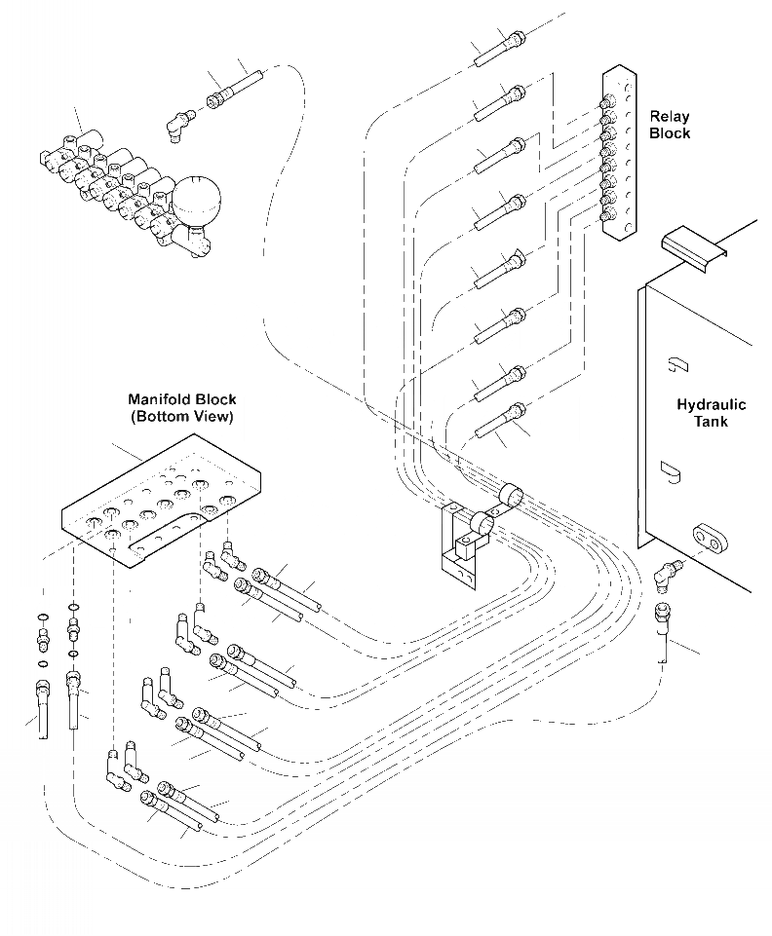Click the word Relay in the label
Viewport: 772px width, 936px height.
(x=670, y=118)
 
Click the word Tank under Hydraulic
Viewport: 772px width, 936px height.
(x=711, y=422)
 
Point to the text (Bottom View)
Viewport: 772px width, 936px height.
(x=182, y=416)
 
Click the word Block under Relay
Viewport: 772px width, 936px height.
(x=670, y=133)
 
